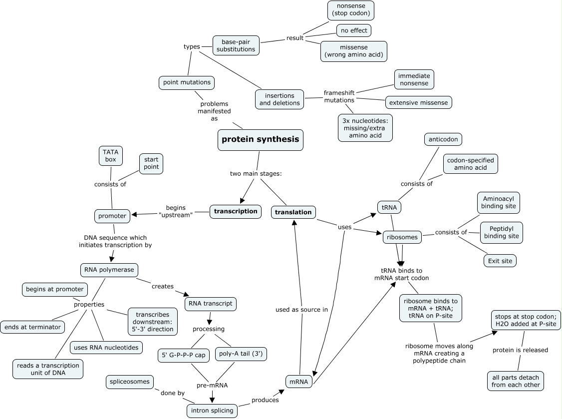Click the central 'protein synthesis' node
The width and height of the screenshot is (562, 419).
point(261,139)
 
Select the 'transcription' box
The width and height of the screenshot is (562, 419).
point(236,211)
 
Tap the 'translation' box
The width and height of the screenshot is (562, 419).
point(293,212)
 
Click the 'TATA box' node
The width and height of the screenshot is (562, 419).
point(110,155)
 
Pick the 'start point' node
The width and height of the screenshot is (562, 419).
point(151,163)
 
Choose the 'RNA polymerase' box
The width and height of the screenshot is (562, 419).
point(109,270)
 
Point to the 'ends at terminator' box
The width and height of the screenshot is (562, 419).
point(32,328)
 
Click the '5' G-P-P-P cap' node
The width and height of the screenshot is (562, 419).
point(183,355)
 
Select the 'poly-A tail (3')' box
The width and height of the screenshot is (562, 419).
point(241,354)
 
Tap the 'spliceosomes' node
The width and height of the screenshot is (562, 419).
point(129,382)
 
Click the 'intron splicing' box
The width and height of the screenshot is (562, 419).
point(212,411)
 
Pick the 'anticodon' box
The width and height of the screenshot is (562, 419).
point(443,139)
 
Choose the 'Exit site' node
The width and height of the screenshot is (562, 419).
point(500,261)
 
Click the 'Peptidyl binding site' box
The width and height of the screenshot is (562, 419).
point(501,232)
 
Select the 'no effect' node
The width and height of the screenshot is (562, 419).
point(353,30)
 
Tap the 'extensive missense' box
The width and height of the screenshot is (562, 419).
point(419,102)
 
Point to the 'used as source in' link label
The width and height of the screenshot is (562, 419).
point(301,310)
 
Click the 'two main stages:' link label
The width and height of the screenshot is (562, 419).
point(256,174)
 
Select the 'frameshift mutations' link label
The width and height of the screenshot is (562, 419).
point(339,96)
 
